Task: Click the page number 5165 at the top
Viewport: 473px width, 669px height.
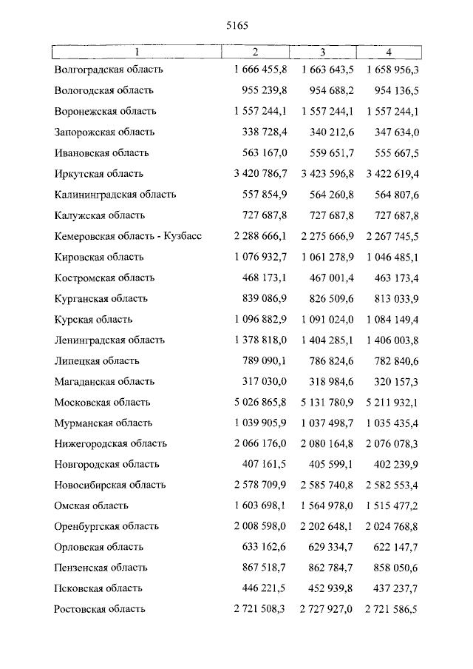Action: coord(236,25)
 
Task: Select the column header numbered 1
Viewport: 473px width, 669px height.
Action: coord(137,52)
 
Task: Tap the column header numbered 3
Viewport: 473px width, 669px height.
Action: coord(323,52)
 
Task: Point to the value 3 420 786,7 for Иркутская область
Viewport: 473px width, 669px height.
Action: coord(259,174)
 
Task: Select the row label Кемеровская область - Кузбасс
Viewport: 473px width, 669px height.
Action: coord(128,237)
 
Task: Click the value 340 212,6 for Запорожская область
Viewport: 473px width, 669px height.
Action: coord(328,132)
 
